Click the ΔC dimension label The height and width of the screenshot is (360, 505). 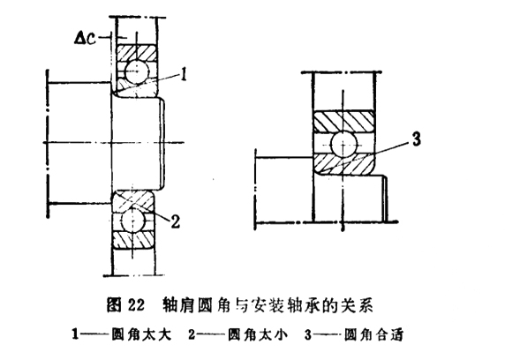(85, 39)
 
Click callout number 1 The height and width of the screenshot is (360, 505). (184, 74)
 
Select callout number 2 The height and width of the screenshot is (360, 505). (175, 221)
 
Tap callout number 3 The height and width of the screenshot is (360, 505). (416, 139)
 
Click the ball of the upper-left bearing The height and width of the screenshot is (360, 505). (137, 71)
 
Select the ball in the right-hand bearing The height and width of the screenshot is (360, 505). (344, 146)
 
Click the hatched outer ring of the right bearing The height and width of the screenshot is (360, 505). (343, 121)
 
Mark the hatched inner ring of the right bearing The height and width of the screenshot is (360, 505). (343, 164)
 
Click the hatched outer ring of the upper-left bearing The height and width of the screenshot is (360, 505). (137, 52)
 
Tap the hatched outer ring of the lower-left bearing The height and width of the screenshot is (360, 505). (132, 240)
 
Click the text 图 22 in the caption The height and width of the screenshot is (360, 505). (125, 304)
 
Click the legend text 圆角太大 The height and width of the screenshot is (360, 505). (140, 335)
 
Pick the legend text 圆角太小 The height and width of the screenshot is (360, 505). (258, 335)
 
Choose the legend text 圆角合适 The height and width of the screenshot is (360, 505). (373, 335)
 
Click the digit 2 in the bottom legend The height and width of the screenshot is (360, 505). (192, 335)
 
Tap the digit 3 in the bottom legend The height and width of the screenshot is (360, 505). (308, 335)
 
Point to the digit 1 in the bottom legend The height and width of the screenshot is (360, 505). (75, 335)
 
